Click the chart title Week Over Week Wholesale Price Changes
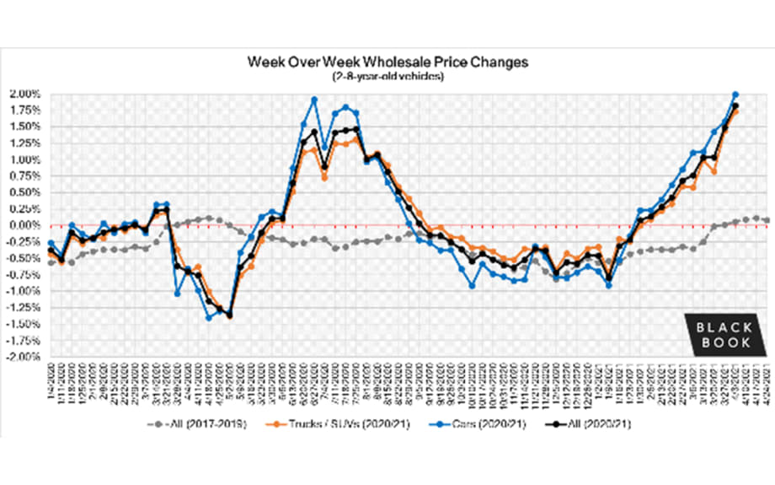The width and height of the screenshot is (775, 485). [x=388, y=63]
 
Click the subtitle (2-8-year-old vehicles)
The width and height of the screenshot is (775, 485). [x=388, y=77]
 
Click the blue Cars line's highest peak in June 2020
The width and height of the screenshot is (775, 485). [x=314, y=100]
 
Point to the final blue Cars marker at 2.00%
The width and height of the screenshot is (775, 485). [x=735, y=94]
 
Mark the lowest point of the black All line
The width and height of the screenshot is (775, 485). [x=229, y=315]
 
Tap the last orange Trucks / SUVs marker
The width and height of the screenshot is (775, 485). [x=735, y=110]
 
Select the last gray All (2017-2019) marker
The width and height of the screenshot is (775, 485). [x=766, y=220]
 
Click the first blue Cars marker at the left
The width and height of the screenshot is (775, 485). [x=51, y=243]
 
